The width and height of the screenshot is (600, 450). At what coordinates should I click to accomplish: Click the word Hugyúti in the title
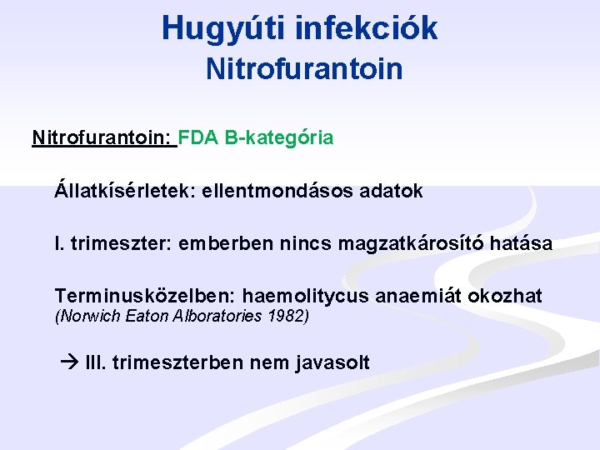221,27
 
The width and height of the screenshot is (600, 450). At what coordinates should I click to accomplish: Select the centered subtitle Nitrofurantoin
304,68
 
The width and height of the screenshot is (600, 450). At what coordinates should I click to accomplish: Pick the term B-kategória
280,137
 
